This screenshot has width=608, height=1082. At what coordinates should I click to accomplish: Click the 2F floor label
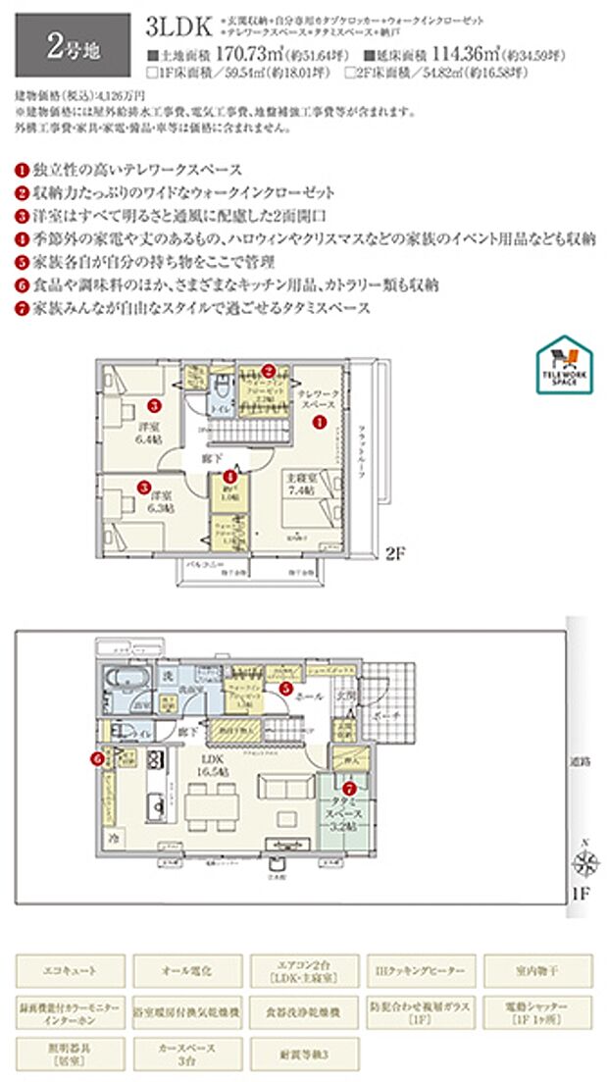tap(394, 552)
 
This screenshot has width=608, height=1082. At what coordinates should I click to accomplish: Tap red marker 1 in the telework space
tap(318, 422)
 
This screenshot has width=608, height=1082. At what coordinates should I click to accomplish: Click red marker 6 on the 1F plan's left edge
tap(95, 756)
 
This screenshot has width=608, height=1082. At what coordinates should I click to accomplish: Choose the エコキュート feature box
tap(70, 970)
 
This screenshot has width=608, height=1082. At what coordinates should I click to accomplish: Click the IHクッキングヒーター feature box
tap(421, 970)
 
